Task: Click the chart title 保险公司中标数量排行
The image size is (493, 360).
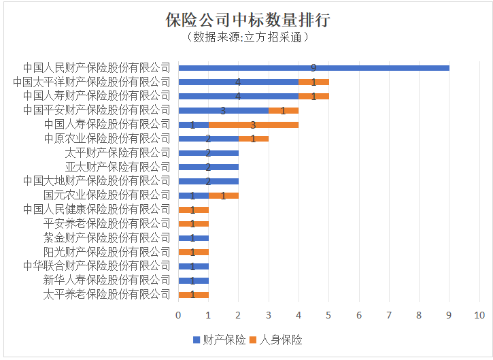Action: tap(247, 19)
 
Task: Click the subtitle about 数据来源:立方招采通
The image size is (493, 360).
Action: tap(247, 37)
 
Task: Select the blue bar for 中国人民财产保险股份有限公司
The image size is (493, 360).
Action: tap(313, 68)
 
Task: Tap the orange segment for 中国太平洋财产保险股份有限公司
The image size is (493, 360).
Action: tap(314, 82)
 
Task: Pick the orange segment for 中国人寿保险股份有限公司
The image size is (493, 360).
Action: tap(253, 125)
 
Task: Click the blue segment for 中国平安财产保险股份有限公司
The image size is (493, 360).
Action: tap(223, 110)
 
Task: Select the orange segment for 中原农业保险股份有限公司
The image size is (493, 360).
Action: tap(254, 139)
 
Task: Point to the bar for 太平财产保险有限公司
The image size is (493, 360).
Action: tap(208, 153)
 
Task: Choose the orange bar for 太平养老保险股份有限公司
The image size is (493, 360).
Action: tap(193, 295)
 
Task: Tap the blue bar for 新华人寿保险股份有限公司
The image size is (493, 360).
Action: tap(193, 280)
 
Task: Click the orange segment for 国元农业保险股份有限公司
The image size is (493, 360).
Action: tap(223, 195)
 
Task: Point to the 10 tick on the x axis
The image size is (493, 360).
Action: tap(479, 315)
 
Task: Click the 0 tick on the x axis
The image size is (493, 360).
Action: tap(178, 315)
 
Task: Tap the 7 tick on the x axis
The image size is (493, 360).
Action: tap(389, 315)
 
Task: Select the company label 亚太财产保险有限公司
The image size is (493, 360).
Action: tap(118, 167)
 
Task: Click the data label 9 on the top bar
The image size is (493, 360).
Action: tap(313, 68)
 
